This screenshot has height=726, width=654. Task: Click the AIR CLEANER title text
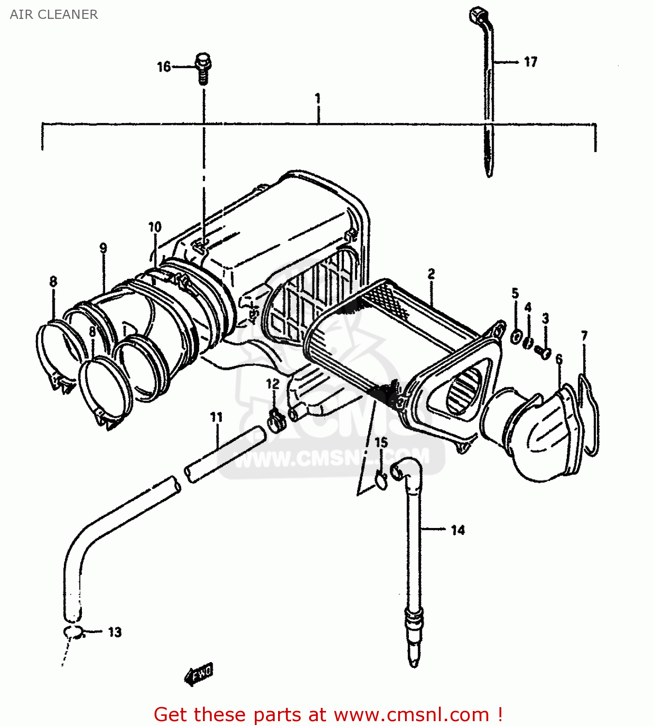[x=54, y=15]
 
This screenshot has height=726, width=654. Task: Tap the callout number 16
[x=164, y=67]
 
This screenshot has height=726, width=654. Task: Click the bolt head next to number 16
[x=203, y=61]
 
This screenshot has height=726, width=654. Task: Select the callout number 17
[x=530, y=62]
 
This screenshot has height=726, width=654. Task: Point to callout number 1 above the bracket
[x=318, y=99]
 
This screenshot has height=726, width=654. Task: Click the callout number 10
[x=155, y=227]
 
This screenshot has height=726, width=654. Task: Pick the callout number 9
[x=103, y=248]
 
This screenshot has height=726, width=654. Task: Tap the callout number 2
[x=431, y=274]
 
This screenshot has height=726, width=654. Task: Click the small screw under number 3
[x=544, y=352]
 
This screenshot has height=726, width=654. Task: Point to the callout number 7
[x=584, y=335]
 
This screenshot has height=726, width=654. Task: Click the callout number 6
[x=559, y=359]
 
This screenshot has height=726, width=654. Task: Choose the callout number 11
[x=216, y=417]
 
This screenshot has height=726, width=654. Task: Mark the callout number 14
[x=457, y=530]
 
